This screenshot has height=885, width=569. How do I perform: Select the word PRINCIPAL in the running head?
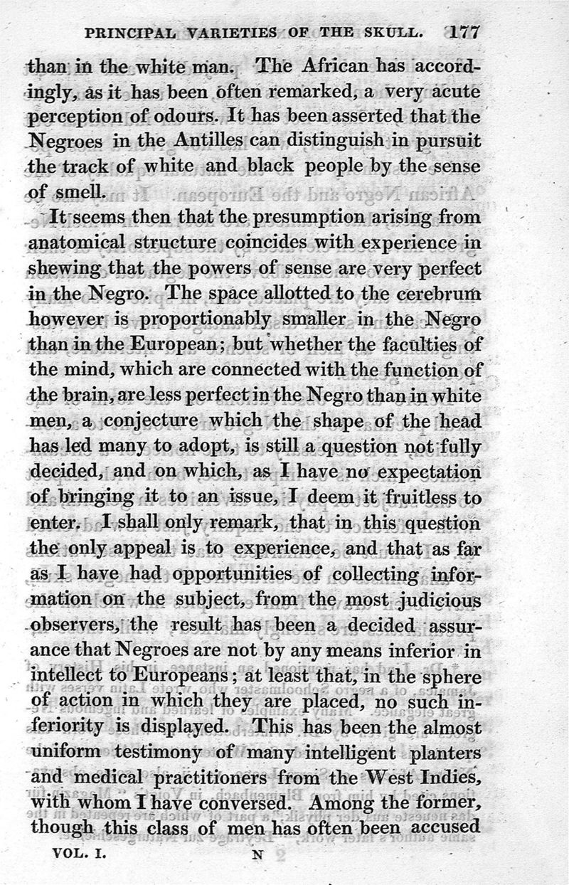(x=129, y=33)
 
